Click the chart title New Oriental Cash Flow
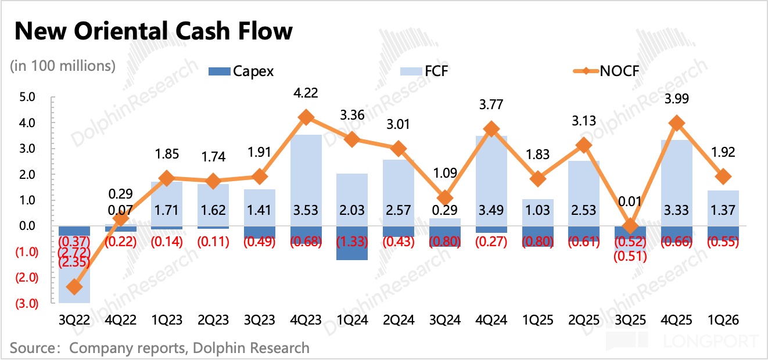(153, 31)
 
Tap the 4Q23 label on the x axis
(306, 321)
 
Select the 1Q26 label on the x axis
(723, 321)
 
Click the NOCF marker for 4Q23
(306, 118)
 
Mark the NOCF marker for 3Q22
(74, 287)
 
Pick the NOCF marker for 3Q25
(630, 226)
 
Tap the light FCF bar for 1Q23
(167, 195)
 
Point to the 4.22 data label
(306, 92)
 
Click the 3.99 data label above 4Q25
(676, 99)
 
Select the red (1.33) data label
(352, 242)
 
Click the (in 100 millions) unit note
(63, 66)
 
